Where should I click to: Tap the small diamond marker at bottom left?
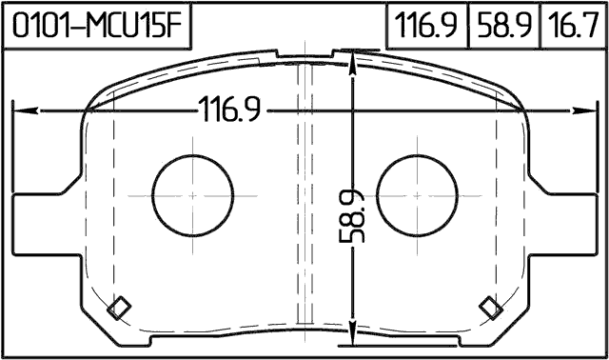coord(120,307)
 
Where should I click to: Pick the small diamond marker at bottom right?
coord(491,306)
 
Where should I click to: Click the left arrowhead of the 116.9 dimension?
coord(19,110)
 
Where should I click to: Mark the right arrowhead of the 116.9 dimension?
coord(589,110)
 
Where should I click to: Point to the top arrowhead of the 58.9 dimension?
coord(354,58)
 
